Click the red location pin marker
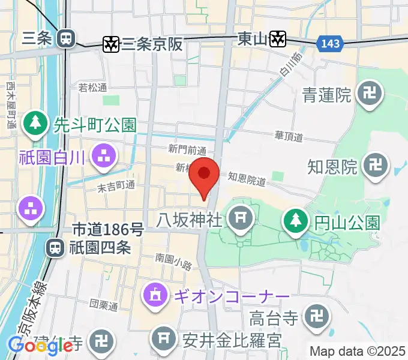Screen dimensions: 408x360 (x=205, y=175)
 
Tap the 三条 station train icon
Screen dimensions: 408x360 (x=65, y=39)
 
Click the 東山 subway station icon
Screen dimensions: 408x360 (x=278, y=39)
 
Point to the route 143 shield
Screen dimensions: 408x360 (x=329, y=43)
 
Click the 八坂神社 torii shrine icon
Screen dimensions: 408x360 (x=242, y=217)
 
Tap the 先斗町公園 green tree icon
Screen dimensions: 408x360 (x=37, y=124)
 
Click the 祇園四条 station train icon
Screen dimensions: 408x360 (x=56, y=247)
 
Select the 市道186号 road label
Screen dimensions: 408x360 (x=108, y=229)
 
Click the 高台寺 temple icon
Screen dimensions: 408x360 (x=316, y=316)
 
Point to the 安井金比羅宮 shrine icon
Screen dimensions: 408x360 (x=164, y=340)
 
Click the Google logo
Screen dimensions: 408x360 (x=40, y=346)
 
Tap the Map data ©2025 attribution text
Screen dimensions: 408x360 (x=356, y=351)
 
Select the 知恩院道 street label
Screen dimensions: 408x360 (x=247, y=178)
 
